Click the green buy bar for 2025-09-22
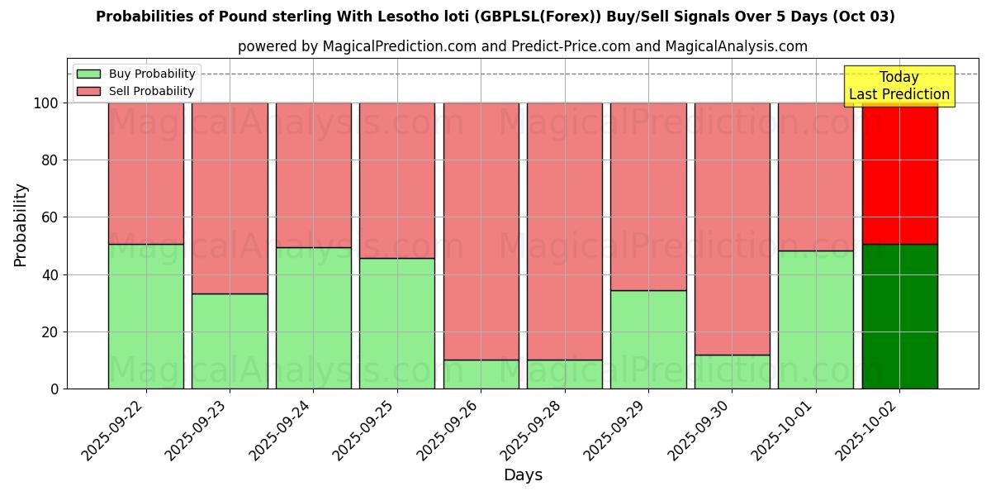pos(146,317)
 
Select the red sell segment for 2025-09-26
pos(481,231)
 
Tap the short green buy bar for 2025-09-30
pos(733,372)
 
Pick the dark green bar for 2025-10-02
pos(899,317)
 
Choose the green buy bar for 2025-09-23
pos(230,341)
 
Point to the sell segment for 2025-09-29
pos(648,197)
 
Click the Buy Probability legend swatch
pos(88,74)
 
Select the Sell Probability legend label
pos(151,92)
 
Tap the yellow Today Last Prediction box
pos(899,86)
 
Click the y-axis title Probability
pos(21,225)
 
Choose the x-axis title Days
pos(523,475)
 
